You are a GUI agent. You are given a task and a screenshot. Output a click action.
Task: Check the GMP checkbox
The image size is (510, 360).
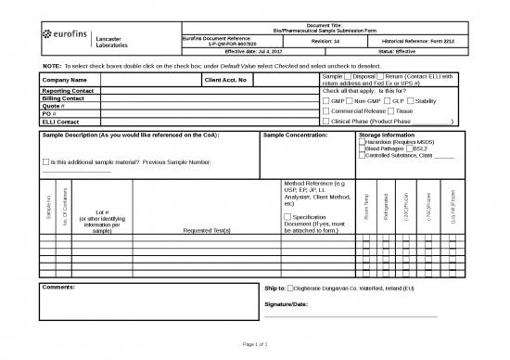(324, 101)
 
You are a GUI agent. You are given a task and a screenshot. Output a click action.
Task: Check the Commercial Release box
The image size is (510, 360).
(324, 111)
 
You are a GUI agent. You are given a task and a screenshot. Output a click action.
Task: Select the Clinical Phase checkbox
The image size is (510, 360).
(324, 122)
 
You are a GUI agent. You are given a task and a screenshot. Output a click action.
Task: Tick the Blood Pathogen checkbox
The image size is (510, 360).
(362, 148)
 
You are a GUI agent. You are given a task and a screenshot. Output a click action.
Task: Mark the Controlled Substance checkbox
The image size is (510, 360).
(362, 155)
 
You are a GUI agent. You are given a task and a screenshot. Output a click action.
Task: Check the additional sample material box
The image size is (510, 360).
(47, 163)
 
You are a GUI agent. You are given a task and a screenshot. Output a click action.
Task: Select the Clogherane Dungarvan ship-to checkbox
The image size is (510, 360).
(292, 289)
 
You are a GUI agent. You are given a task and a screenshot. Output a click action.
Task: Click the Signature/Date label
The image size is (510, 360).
(292, 303)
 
